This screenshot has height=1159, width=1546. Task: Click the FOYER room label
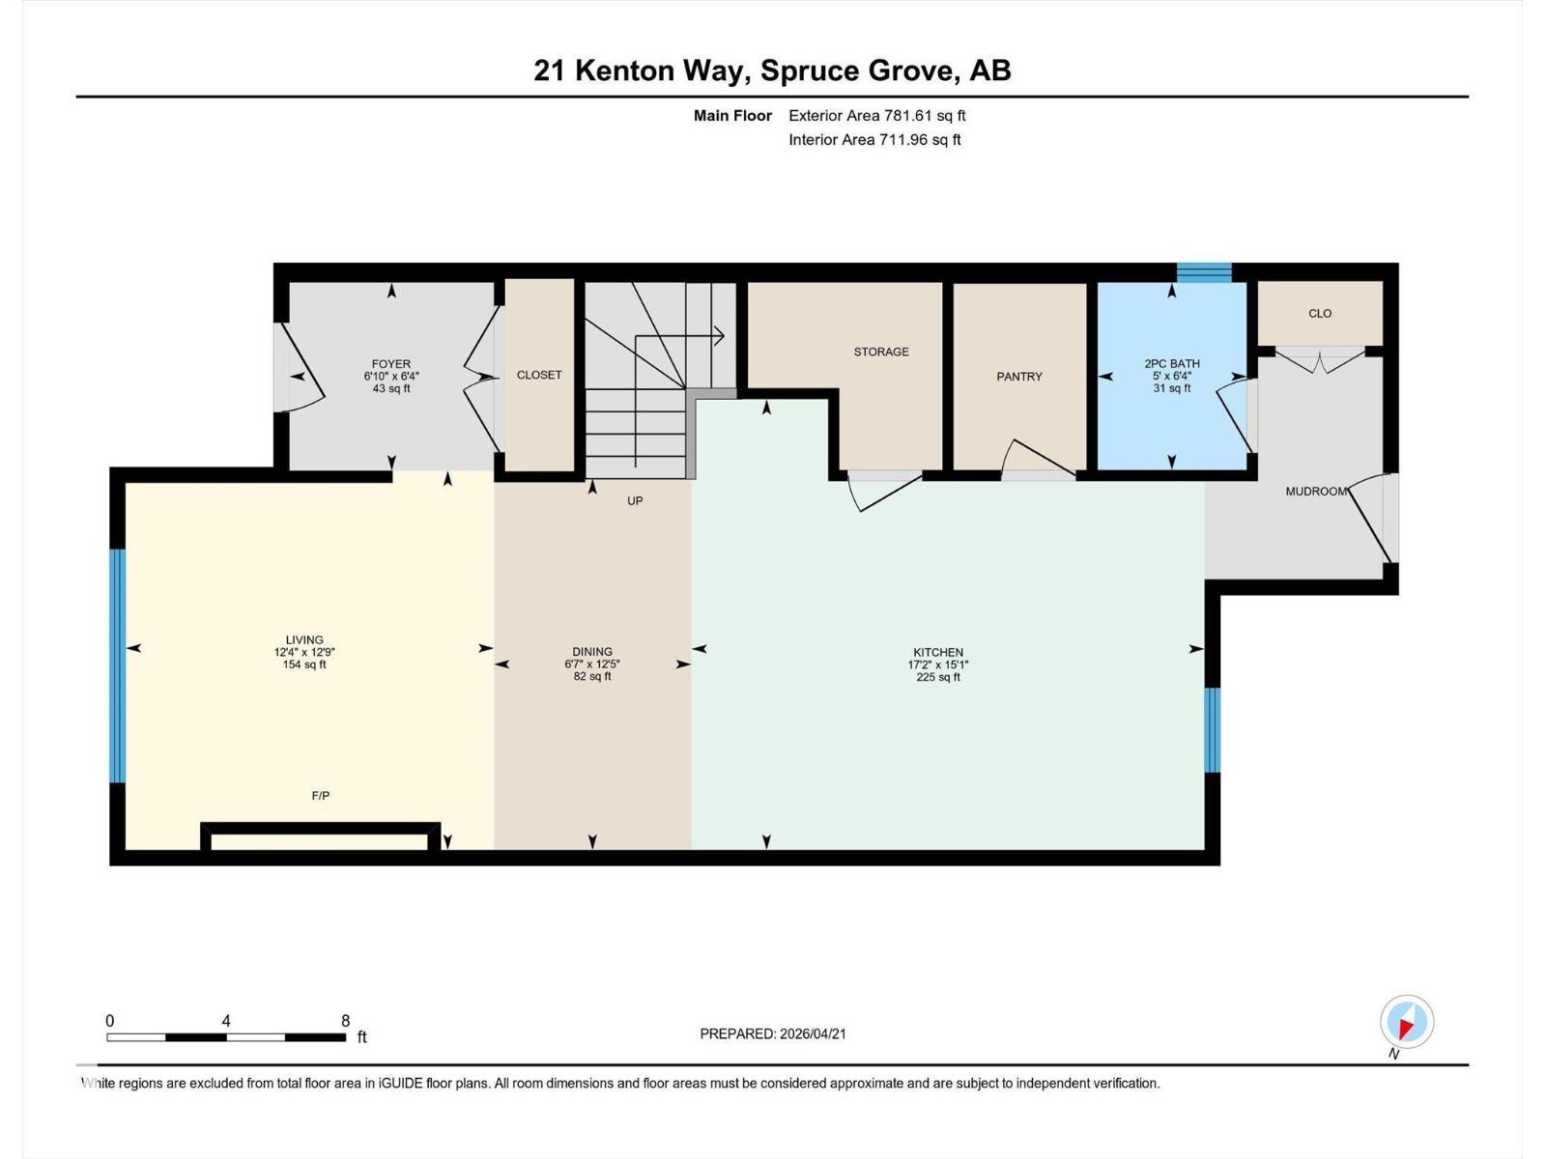click(391, 364)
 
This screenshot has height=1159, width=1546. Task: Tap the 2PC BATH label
click(1171, 364)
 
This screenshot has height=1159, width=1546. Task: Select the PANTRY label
click(1019, 377)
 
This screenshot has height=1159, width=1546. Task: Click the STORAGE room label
click(880, 352)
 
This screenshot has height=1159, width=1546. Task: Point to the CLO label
click(1320, 313)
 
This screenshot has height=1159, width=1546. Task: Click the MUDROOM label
click(1315, 492)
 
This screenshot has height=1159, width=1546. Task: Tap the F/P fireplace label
click(321, 796)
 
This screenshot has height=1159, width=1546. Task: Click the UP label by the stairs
click(635, 500)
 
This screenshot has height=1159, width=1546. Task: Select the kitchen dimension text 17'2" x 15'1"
click(937, 664)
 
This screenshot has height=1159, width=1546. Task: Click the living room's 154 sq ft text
click(304, 664)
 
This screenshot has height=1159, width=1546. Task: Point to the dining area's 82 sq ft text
click(592, 676)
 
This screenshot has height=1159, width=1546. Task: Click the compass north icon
click(1406, 1023)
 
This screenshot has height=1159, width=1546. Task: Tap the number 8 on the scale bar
click(345, 1021)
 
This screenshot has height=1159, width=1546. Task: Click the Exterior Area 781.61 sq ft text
click(876, 116)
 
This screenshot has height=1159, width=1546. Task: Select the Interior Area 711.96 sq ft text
click(874, 140)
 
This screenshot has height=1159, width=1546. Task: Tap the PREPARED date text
click(773, 1033)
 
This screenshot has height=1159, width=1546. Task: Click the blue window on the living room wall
click(117, 665)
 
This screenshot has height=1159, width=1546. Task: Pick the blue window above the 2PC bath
click(1204, 272)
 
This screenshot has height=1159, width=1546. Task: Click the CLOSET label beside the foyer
click(539, 375)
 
